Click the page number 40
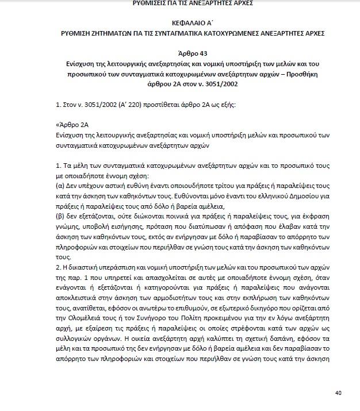point(338,393)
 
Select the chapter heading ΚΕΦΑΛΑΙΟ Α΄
point(180,23)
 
